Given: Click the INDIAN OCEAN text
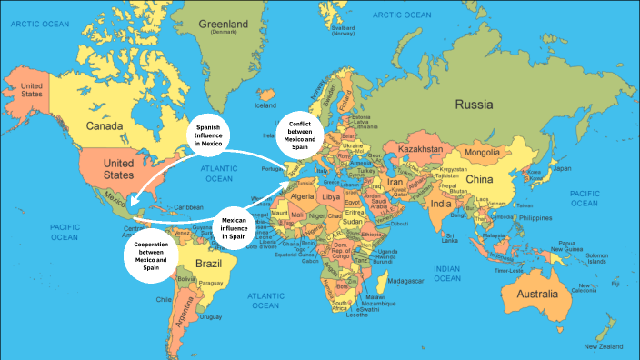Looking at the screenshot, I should click(455, 271).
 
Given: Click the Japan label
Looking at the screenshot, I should click(564, 168).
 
